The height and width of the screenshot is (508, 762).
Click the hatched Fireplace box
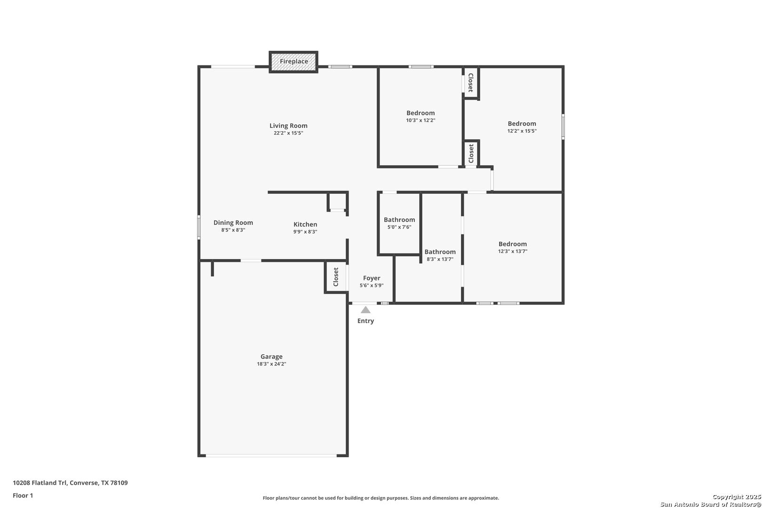coord(294,62)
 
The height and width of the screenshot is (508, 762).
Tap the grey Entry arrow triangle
coord(365,310)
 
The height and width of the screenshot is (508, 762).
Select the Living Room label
coord(288,126)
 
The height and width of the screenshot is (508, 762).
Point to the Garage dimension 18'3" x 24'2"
coord(271,364)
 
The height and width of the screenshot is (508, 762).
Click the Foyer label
coord(372,278)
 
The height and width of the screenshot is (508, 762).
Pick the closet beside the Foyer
coord(336,277)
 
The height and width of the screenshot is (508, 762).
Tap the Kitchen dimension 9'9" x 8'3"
coord(305,232)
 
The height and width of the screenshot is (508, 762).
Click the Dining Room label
coord(233,222)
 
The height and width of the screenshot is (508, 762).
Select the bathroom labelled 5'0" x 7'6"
coord(399,223)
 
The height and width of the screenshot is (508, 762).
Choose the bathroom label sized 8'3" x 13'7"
coord(440,252)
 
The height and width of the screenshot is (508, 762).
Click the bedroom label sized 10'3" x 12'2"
coord(421,113)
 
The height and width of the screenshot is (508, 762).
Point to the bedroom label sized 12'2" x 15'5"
coord(522,124)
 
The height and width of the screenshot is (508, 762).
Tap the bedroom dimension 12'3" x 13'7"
coord(513,252)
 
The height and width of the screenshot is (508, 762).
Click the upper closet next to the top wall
coord(471,83)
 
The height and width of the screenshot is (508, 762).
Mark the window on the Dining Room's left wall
coord(198,227)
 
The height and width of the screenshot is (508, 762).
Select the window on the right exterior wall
coord(563,127)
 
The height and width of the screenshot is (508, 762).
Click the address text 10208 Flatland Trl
coord(40,483)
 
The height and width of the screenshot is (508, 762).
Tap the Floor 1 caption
coord(23,495)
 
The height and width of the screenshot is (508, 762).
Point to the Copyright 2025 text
coord(737,497)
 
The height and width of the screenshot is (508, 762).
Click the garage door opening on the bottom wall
coord(271,456)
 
